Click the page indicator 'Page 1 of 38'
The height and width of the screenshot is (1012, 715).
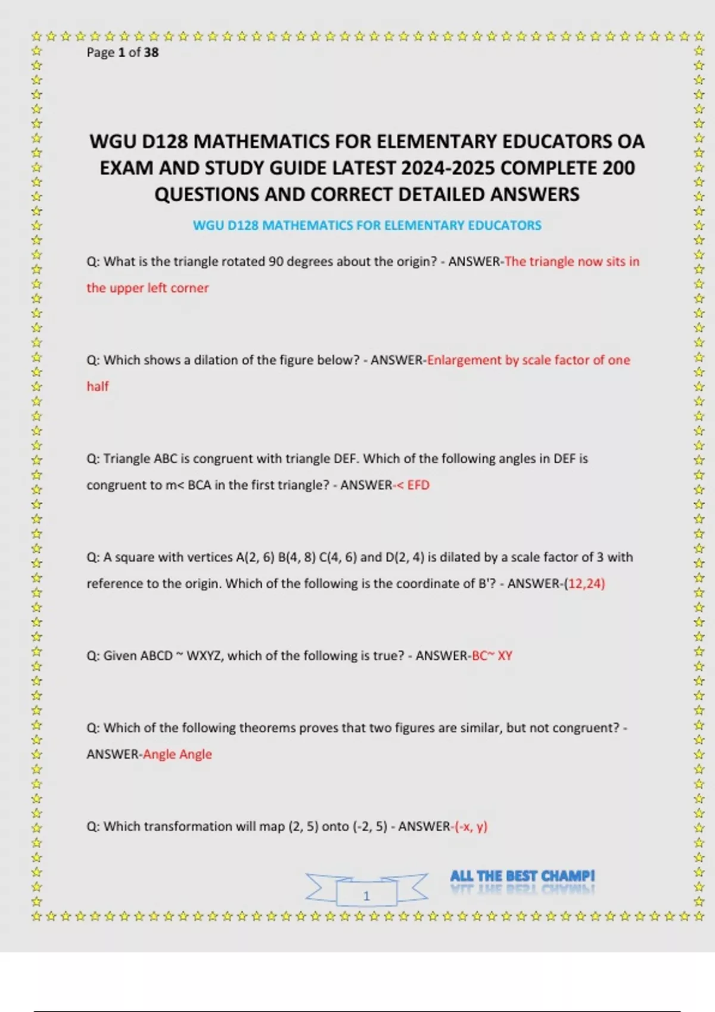point(122,52)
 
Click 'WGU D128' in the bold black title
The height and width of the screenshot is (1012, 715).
point(138,142)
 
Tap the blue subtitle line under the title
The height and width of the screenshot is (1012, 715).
point(367,226)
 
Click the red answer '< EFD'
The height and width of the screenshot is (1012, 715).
point(413,485)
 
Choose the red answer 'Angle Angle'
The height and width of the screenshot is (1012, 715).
point(178,754)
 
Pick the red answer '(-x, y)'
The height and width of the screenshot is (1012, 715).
point(471,826)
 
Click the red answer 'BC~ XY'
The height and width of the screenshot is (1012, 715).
point(492,656)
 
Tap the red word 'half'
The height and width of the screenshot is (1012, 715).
point(98,386)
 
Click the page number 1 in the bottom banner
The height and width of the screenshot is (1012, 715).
point(366,895)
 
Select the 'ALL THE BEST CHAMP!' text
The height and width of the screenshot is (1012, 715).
point(522,876)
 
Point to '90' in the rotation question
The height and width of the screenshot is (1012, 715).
point(276,262)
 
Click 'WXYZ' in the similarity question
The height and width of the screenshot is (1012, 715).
point(204,656)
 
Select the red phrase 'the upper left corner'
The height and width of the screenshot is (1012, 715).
point(148,288)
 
